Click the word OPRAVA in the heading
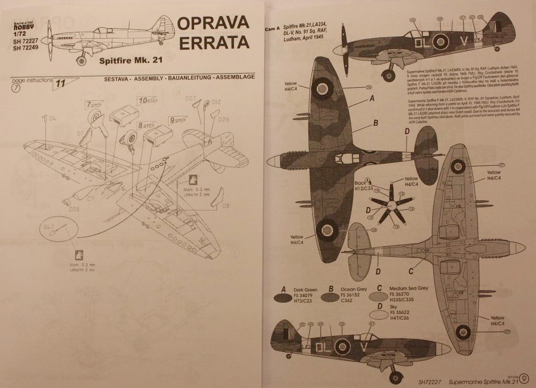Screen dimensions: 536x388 point(213,23)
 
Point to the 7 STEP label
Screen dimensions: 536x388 point(94,105)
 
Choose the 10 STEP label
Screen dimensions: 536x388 point(149,100)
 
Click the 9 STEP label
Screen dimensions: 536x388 point(178,120)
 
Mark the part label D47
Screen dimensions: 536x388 point(48,228)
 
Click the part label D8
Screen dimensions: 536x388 point(226,205)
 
